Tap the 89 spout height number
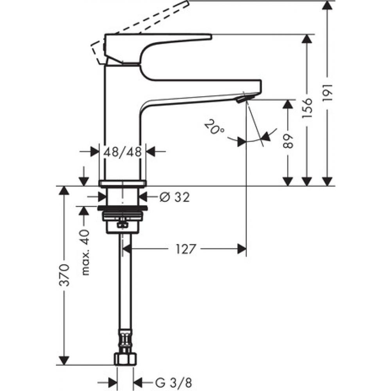click(x=288, y=140)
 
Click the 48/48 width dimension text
click(x=122, y=152)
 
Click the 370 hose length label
click(x=65, y=274)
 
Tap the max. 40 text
click(x=86, y=252)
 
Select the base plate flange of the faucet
click(x=122, y=183)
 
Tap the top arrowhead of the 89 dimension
click(x=288, y=104)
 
